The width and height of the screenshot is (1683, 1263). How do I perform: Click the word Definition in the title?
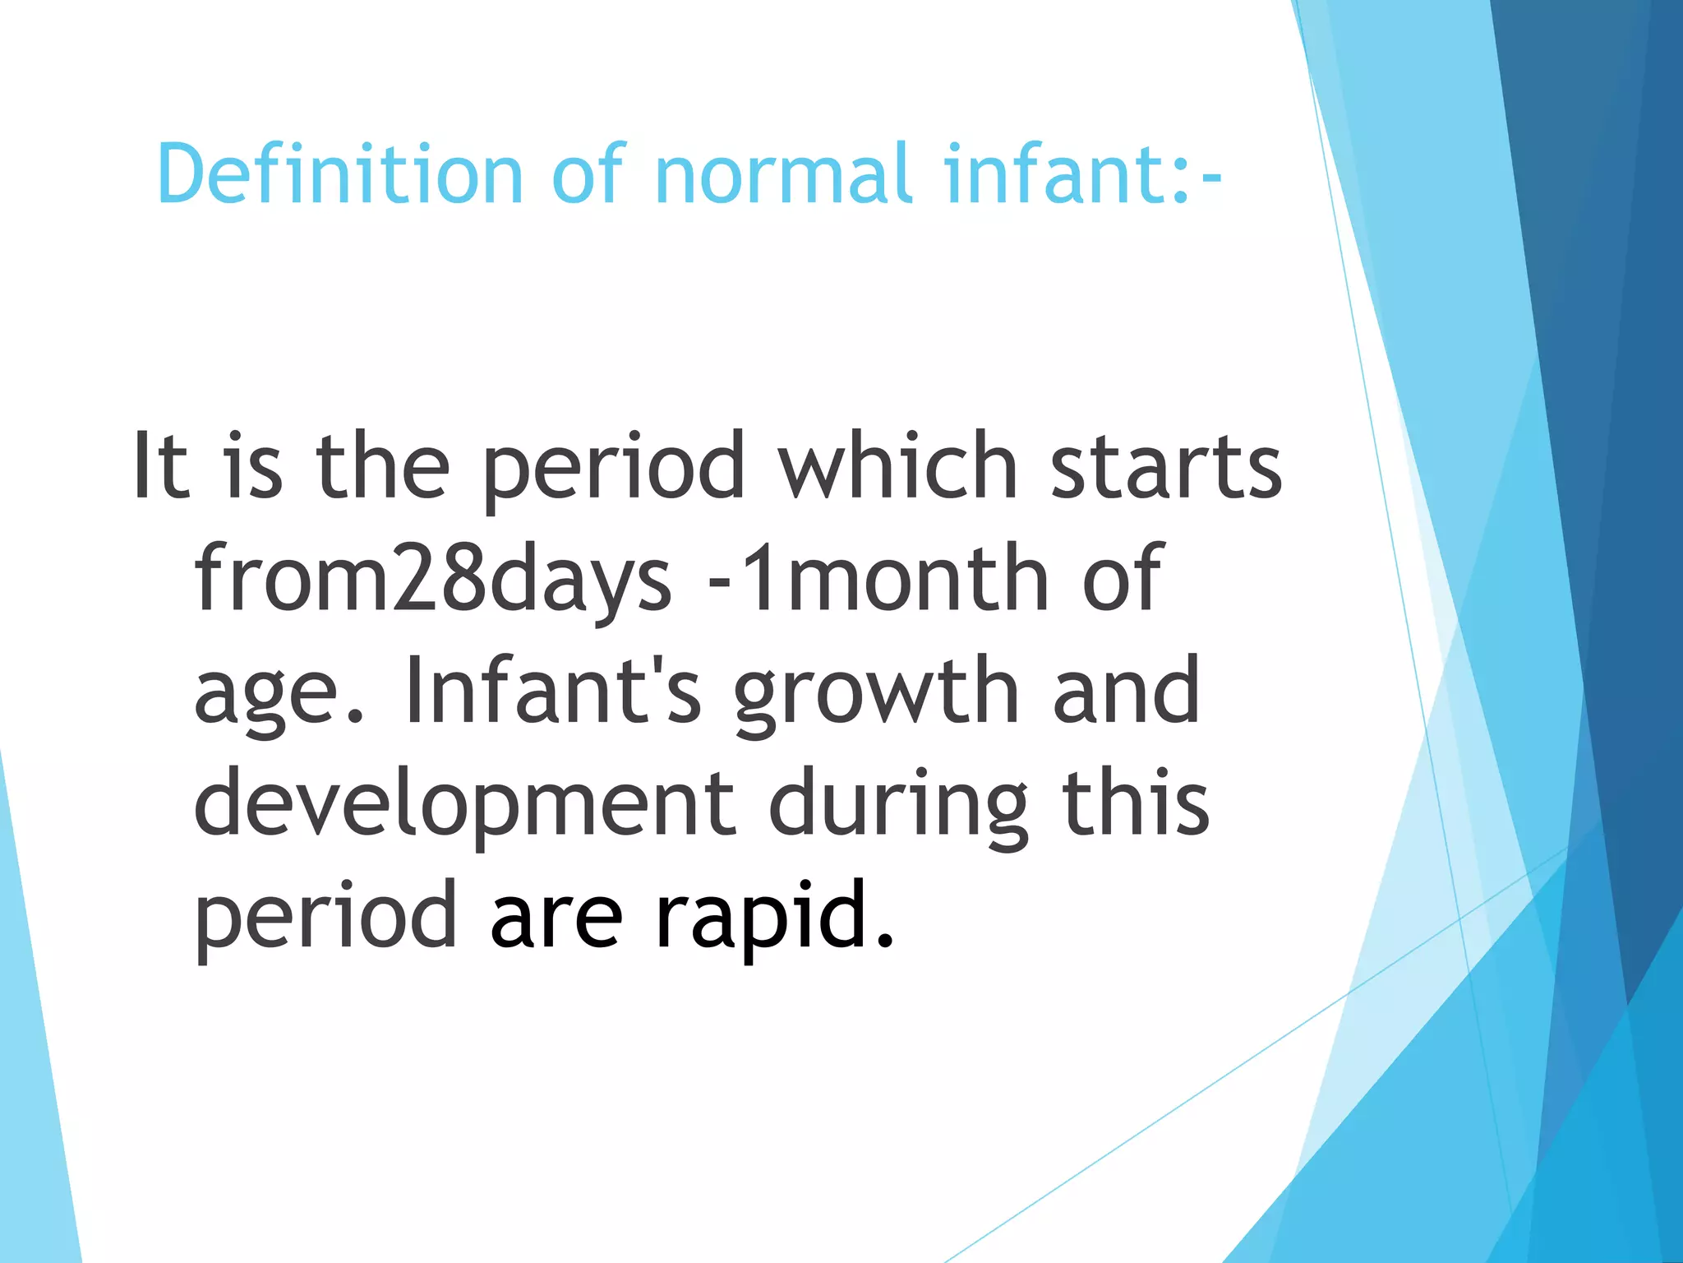click(339, 173)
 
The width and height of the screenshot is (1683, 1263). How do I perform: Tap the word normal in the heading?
click(783, 173)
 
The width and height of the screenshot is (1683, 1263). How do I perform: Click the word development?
click(463, 804)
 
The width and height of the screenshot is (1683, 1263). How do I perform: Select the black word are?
click(556, 915)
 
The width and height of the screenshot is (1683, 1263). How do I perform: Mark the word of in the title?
click(589, 173)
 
